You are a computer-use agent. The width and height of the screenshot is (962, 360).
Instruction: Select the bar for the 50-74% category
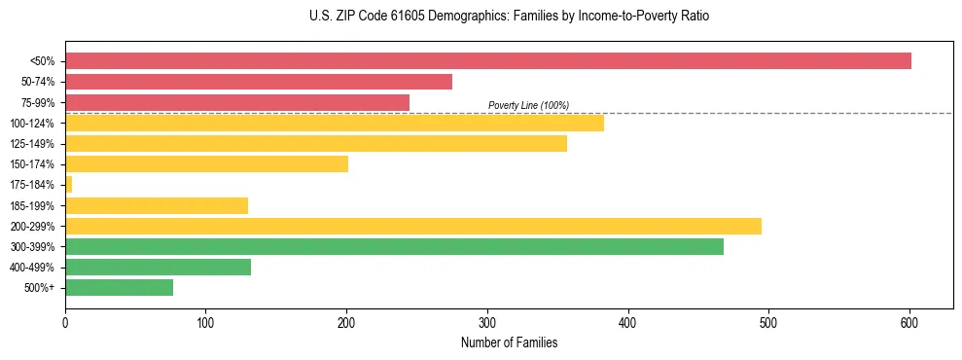[x=259, y=82]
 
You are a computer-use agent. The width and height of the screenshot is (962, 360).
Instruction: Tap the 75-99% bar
[x=237, y=102]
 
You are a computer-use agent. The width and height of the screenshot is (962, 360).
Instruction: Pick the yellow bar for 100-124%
[x=335, y=123]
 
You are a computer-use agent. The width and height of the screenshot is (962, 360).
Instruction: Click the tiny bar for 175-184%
[x=68, y=185]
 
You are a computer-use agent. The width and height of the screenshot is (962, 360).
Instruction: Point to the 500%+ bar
[x=119, y=288]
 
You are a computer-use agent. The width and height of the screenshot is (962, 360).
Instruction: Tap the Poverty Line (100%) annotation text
[x=528, y=105]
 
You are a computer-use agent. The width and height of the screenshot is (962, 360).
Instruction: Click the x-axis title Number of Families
[x=510, y=342]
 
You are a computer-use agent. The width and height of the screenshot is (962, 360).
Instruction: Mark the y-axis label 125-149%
[x=32, y=144]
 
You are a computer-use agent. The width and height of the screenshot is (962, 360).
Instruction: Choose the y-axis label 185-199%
[x=32, y=205]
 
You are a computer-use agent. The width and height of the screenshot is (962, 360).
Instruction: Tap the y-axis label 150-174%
[x=32, y=164]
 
